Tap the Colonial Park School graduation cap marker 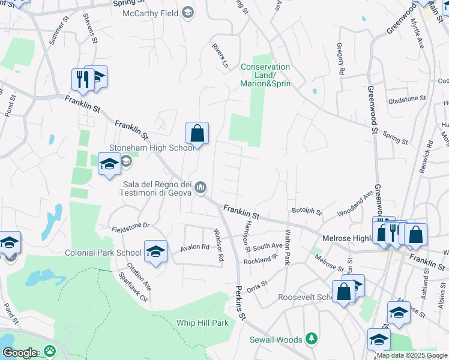tap(155, 251)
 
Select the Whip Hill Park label tap(203, 323)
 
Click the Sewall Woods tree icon tap(311, 340)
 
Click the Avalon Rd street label tap(195, 247)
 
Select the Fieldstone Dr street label tap(130, 227)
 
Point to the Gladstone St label tap(406, 100)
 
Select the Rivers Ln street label tap(220, 55)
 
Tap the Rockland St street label tap(261, 260)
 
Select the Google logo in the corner tap(19, 353)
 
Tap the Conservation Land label tap(265, 75)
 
